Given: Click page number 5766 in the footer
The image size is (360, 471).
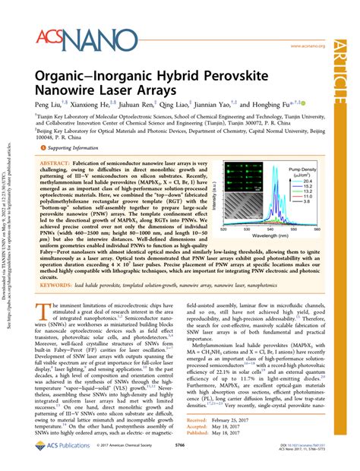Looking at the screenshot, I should pos(179,459).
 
